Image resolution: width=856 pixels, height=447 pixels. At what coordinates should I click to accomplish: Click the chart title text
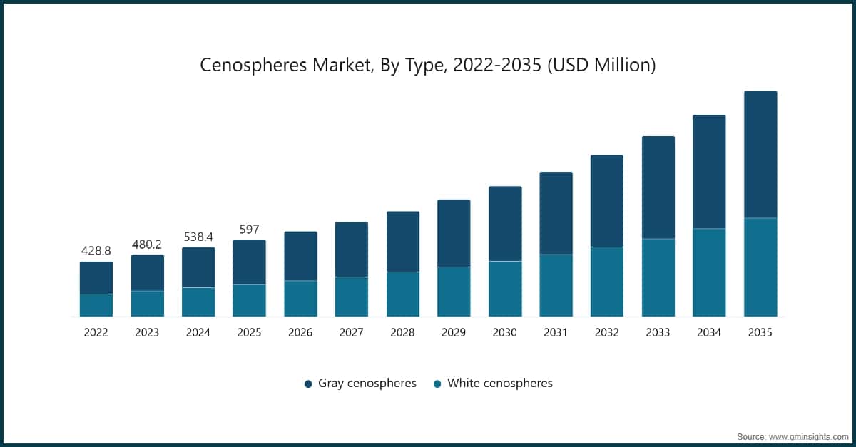click(x=427, y=65)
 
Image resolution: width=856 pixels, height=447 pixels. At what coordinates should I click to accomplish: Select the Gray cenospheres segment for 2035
click(x=760, y=154)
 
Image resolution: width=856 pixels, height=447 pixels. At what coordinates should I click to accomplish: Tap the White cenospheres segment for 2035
click(x=760, y=267)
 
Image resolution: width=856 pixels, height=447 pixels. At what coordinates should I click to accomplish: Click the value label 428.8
click(x=96, y=252)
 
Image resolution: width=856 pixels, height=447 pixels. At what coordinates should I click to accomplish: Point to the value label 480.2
click(x=147, y=245)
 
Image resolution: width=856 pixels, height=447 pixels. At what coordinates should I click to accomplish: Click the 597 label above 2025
click(x=249, y=230)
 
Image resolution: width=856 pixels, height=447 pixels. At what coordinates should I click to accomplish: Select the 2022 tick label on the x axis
click(x=96, y=332)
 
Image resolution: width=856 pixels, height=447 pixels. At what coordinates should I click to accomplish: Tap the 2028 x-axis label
click(x=402, y=332)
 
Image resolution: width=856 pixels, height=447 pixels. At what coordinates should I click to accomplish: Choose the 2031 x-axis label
click(x=556, y=332)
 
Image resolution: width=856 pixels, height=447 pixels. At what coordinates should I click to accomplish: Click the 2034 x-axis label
click(x=709, y=332)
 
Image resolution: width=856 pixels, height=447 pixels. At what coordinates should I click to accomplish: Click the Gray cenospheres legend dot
click(x=308, y=384)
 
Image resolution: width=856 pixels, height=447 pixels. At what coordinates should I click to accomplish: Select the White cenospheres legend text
click(x=499, y=383)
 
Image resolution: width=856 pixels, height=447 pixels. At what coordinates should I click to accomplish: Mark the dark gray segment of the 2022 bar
click(x=96, y=277)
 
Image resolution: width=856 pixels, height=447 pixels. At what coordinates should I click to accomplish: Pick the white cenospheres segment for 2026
click(x=300, y=298)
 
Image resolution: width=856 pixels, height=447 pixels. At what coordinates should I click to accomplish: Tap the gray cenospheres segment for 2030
click(x=505, y=224)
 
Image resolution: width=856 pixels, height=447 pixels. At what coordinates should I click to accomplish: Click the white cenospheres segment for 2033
click(x=658, y=277)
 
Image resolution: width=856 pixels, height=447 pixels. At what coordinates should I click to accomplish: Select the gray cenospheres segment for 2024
click(x=198, y=267)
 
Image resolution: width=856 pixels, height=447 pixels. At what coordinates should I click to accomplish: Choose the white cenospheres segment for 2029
click(x=454, y=292)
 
